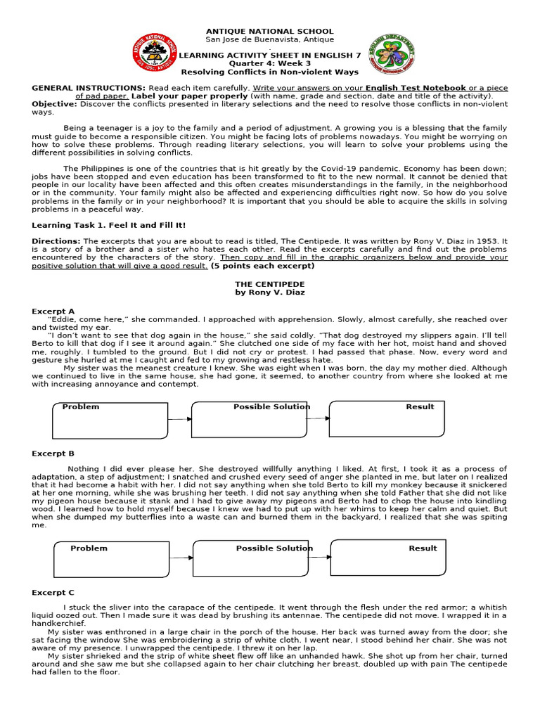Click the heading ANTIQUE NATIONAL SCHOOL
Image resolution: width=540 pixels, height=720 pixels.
click(269, 32)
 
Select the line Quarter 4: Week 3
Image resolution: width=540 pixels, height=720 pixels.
click(270, 63)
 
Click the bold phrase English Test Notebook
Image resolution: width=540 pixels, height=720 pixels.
click(416, 88)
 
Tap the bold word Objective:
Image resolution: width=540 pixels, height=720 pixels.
click(54, 103)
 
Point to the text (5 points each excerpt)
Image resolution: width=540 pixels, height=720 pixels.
click(263, 266)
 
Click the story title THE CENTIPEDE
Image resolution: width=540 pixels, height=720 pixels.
click(270, 282)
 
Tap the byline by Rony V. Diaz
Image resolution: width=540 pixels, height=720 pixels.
click(270, 292)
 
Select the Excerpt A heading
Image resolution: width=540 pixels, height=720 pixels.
click(53, 310)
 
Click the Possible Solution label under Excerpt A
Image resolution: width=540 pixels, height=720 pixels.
click(271, 406)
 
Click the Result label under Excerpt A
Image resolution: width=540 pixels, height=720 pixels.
click(420, 406)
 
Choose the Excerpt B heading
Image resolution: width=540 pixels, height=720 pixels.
click(53, 454)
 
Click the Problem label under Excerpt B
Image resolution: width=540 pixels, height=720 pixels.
click(89, 548)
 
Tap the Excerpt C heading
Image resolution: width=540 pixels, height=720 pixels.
click(53, 593)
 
